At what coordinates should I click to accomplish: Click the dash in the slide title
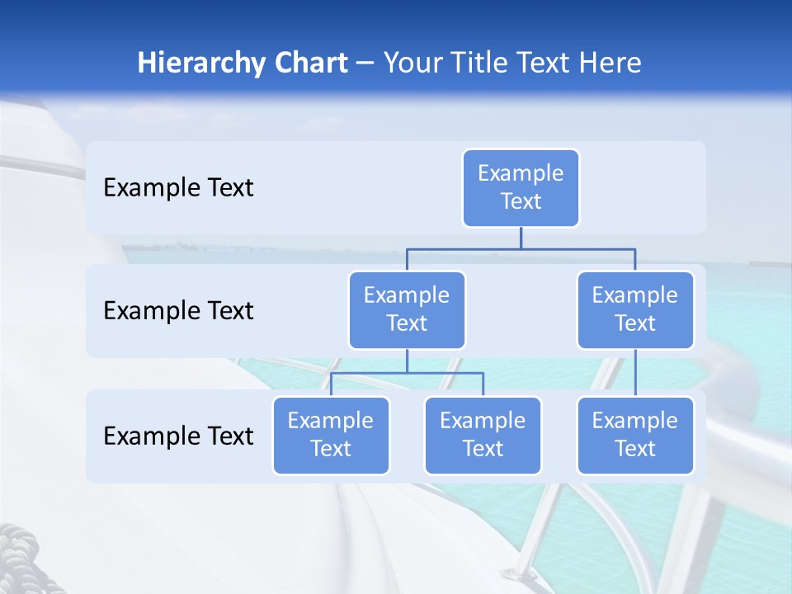coord(365,64)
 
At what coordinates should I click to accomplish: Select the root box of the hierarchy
coord(521,188)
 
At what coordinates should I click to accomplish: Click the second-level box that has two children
coord(407,310)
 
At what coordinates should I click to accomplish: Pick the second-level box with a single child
coord(635,310)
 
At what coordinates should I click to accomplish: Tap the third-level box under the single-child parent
coord(635,436)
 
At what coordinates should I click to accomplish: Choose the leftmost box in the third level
coord(331,436)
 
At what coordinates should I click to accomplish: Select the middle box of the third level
coord(483,436)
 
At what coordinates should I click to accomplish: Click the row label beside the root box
coord(178,188)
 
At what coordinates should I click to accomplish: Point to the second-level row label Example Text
coord(178,311)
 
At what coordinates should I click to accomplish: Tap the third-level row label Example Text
coord(178,436)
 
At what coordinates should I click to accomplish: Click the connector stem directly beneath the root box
coord(521,238)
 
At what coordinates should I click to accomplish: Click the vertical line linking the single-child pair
coord(635,373)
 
